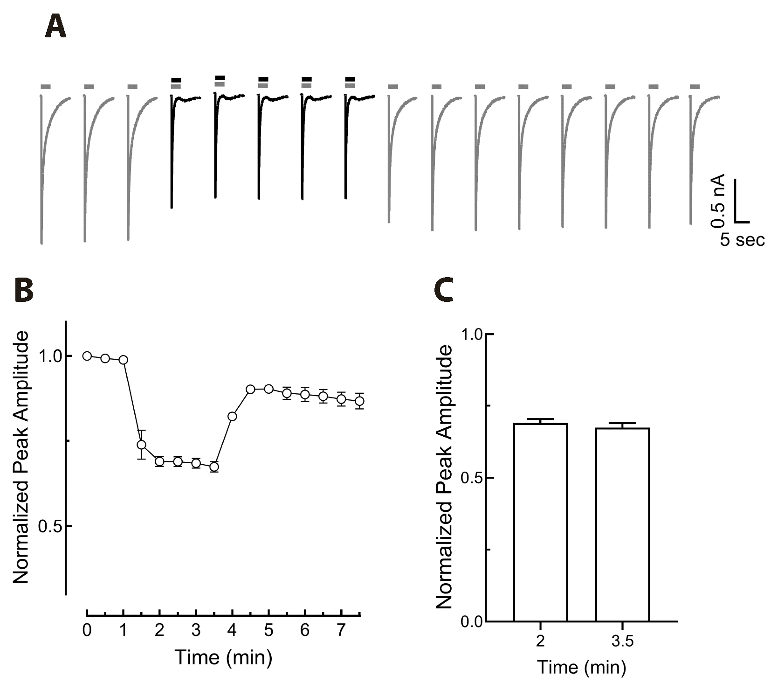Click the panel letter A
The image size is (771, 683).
pos(55,28)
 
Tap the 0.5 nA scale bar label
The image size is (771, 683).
pos(718,201)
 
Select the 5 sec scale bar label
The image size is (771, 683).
pos(742,240)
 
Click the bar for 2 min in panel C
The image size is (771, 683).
pos(540,523)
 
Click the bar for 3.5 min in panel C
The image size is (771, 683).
pos(622,525)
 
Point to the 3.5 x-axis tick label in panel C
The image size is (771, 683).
pos(622,642)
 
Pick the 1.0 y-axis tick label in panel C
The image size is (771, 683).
pos(472,335)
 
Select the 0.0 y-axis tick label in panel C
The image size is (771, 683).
pos(472,621)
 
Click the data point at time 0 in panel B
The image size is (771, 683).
pos(87,356)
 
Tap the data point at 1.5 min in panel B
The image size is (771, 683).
pos(142,445)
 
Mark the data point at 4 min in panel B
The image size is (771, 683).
pos(232,416)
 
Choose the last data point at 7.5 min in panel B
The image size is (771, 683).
pos(359,401)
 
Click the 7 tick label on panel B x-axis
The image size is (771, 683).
pos(341,630)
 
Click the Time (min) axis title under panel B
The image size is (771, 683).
pos(223,658)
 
